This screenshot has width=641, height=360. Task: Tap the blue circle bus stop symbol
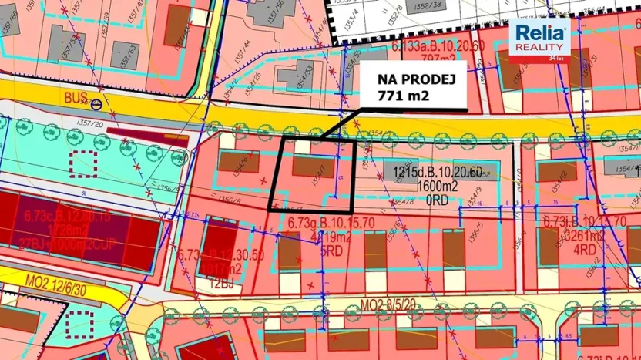pos(96,103)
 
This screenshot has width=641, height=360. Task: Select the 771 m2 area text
pos(402,96)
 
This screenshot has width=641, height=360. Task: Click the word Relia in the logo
pos(541,33)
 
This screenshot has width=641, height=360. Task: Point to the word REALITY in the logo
pos(541,47)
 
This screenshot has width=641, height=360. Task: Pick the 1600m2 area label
pos(437,185)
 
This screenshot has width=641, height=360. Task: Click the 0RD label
pos(436,197)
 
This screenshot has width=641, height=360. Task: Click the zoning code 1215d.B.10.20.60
pos(436,173)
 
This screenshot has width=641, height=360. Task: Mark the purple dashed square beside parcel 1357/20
pos(82,164)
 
